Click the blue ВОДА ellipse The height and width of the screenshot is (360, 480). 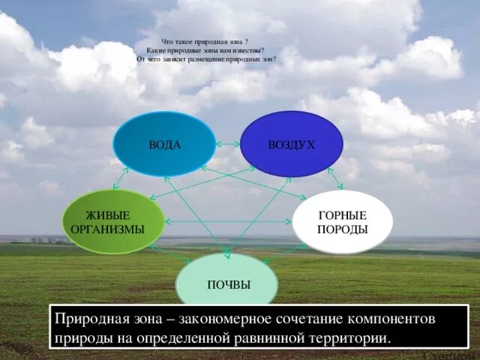(164, 144)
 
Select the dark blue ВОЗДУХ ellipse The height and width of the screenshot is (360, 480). (291, 144)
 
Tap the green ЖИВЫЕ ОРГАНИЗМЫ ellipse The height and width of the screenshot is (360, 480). (113, 222)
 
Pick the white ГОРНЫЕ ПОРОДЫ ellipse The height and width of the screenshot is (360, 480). (342, 222)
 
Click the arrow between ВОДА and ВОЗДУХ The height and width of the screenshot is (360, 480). (227, 143)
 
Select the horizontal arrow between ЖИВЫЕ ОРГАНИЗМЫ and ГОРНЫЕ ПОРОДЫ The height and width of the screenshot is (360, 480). (228, 222)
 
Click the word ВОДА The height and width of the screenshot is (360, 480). (164, 145)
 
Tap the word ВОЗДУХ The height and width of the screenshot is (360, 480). (291, 145)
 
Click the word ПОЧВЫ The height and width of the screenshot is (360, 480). (229, 286)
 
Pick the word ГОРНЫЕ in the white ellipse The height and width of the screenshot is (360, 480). (343, 215)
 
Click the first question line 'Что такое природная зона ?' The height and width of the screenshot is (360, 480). (205, 42)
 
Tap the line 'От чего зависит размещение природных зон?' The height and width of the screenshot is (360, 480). (206, 58)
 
